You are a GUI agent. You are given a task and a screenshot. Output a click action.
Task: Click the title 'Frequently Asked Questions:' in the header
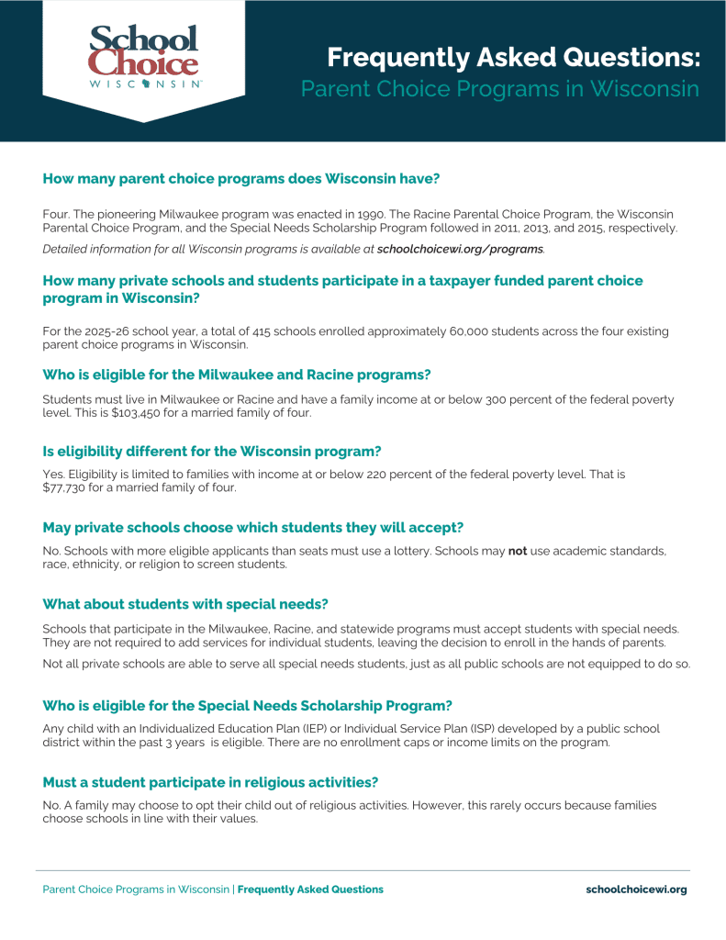pyautogui.click(x=513, y=59)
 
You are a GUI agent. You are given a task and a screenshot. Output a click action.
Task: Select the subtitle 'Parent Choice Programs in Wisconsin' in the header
pyautogui.click(x=500, y=90)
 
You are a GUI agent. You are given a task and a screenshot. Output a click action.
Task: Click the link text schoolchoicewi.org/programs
pyautogui.click(x=460, y=249)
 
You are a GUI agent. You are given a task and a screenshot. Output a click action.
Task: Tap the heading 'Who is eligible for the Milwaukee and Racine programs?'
pyautogui.click(x=237, y=375)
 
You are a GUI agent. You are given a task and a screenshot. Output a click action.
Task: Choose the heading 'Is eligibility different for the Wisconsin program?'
pyautogui.click(x=212, y=451)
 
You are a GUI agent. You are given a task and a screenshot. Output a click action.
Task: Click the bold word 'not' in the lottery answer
pyautogui.click(x=518, y=551)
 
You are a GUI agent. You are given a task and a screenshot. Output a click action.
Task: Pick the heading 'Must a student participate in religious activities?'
pyautogui.click(x=211, y=782)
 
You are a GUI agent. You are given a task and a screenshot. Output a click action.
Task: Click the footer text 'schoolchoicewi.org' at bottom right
pyautogui.click(x=636, y=890)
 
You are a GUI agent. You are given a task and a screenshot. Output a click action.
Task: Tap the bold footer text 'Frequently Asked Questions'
pyautogui.click(x=310, y=890)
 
